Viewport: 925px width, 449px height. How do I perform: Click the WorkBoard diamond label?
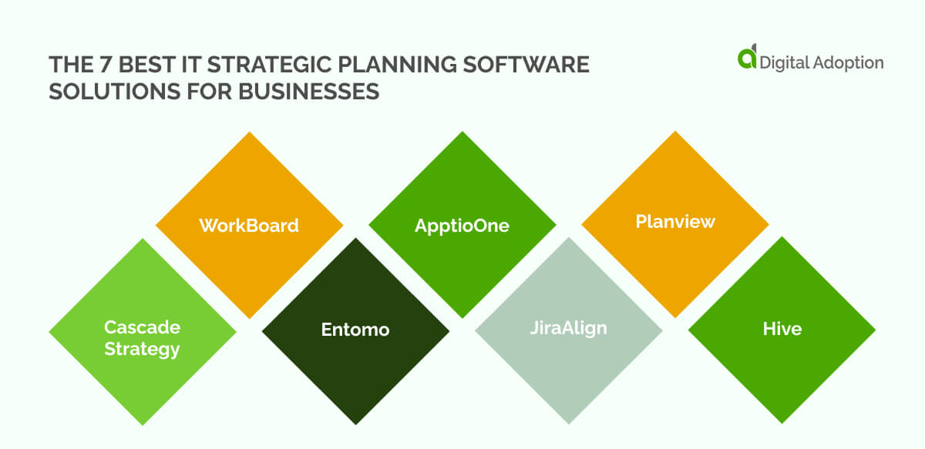pyautogui.click(x=249, y=226)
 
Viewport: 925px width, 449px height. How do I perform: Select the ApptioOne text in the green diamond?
pyautogui.click(x=462, y=226)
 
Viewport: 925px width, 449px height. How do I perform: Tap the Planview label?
pyautogui.click(x=675, y=222)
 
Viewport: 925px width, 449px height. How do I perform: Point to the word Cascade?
pyautogui.click(x=143, y=327)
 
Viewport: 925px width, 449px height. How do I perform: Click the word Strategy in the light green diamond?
pyautogui.click(x=143, y=349)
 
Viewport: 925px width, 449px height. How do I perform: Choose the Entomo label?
pyautogui.click(x=355, y=330)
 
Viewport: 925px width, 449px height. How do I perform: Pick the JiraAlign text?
pyautogui.click(x=569, y=328)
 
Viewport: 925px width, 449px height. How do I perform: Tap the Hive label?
pyautogui.click(x=782, y=329)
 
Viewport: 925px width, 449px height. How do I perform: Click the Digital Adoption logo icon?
pyautogui.click(x=747, y=58)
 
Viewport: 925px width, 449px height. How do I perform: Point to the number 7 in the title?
pyautogui.click(x=91, y=65)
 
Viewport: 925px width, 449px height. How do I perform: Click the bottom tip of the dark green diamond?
pyautogui.click(x=355, y=424)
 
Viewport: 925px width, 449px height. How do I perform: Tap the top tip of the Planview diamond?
pyautogui.click(x=675, y=132)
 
